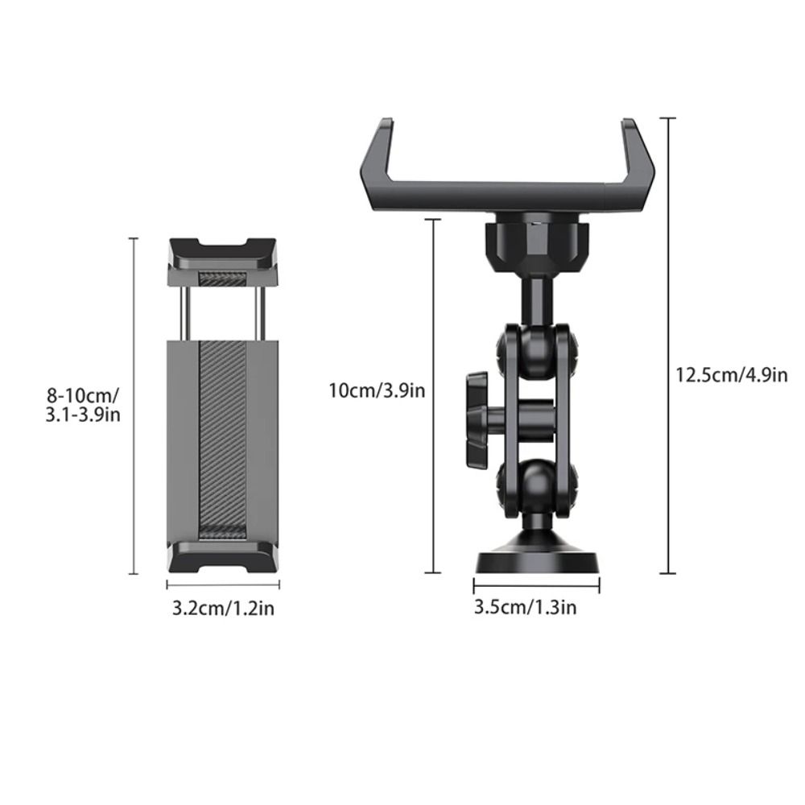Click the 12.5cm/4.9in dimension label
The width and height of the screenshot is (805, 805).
click(x=731, y=374)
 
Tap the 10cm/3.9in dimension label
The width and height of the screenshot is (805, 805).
click(x=377, y=391)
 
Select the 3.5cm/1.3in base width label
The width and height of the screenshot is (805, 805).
click(x=525, y=606)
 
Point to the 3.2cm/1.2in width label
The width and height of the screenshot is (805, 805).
click(x=223, y=608)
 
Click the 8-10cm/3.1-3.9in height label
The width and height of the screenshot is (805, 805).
click(x=83, y=405)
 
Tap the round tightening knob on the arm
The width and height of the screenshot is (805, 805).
click(x=477, y=418)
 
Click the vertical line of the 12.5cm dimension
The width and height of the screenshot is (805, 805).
click(x=667, y=346)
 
